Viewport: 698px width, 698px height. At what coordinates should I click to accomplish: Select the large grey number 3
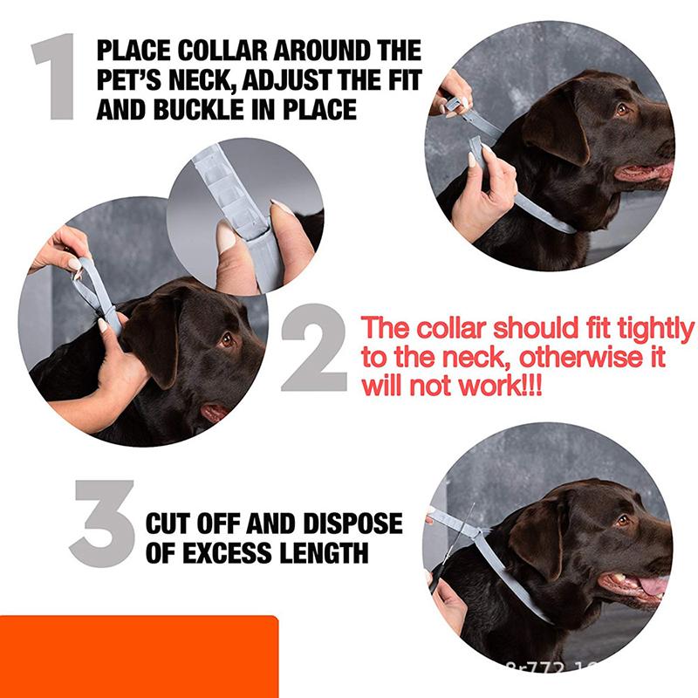click(102, 523)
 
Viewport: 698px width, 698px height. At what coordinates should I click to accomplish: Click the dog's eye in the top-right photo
click(622, 109)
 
